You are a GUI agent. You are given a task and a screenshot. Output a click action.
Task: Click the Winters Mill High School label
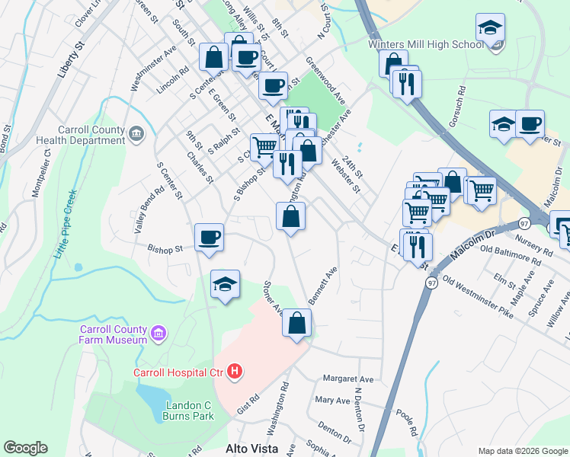point(425,44)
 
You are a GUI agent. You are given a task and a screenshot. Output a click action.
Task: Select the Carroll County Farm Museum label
point(114,334)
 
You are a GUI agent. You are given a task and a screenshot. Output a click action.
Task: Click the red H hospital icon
point(235,372)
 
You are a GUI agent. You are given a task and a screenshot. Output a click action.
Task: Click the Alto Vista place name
point(251,449)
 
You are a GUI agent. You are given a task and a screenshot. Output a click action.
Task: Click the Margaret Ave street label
point(348,379)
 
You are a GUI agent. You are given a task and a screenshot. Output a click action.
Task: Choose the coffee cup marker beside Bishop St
point(209,237)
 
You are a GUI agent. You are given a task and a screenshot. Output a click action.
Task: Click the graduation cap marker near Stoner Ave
point(226,284)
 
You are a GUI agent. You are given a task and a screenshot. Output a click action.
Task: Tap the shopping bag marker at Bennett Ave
point(296,323)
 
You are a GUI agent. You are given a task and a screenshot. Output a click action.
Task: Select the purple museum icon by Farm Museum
point(159,333)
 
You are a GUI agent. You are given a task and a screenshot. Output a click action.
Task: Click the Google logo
point(25,448)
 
